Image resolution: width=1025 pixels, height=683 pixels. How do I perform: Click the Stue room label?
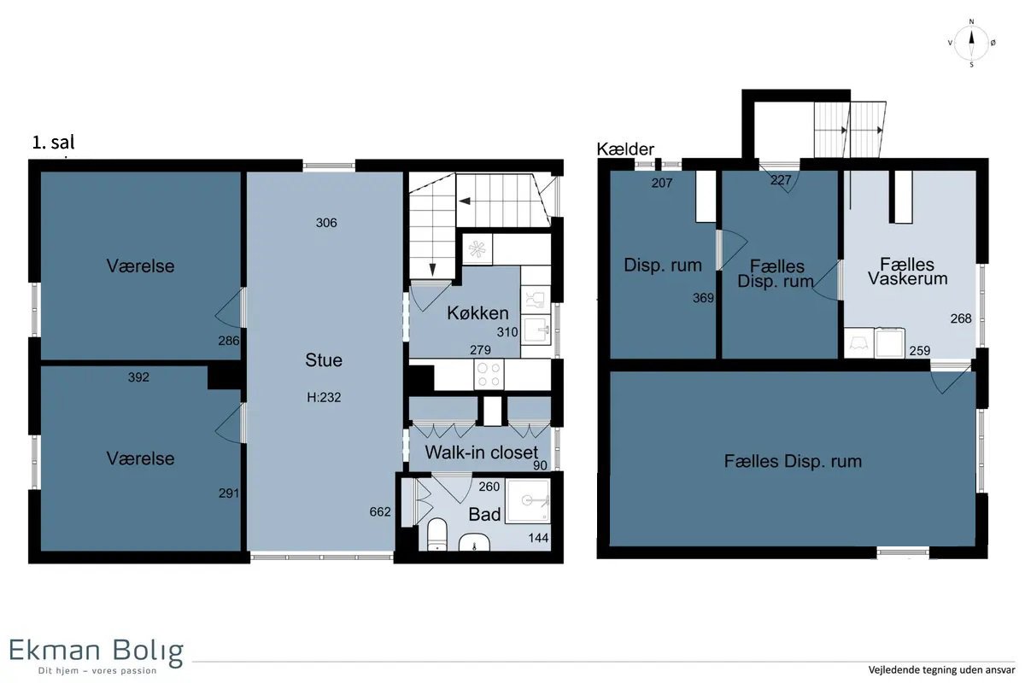tap(324, 360)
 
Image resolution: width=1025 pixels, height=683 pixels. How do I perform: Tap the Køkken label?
tap(477, 313)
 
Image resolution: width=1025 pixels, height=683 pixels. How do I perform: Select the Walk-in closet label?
tap(482, 452)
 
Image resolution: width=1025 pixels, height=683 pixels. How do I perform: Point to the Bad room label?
tap(484, 515)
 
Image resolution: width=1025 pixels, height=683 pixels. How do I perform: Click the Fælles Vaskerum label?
tap(907, 271)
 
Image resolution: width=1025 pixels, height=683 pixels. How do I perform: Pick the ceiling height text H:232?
tap(324, 397)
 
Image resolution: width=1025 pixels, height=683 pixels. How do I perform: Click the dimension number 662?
tap(380, 511)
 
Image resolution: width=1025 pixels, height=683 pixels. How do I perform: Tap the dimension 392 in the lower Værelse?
tap(138, 377)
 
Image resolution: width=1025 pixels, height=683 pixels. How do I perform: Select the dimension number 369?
tap(703, 298)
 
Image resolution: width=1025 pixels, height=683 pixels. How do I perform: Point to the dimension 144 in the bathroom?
tap(538, 538)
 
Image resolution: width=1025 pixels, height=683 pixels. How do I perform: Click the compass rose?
tap(971, 44)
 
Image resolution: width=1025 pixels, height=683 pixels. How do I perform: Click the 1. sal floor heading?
tap(53, 143)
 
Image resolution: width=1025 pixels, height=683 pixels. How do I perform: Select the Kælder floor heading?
tap(625, 149)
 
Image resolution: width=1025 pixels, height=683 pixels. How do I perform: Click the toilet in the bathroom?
tap(437, 534)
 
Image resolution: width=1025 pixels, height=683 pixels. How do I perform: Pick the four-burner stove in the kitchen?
tap(489, 374)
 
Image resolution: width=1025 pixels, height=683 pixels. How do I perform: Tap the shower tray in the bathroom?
tap(528, 501)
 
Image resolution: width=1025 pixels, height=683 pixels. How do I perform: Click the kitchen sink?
tap(536, 329)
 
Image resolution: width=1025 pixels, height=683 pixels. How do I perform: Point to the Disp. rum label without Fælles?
tap(663, 266)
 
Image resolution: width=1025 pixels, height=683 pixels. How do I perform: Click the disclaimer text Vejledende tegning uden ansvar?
tap(941, 669)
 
